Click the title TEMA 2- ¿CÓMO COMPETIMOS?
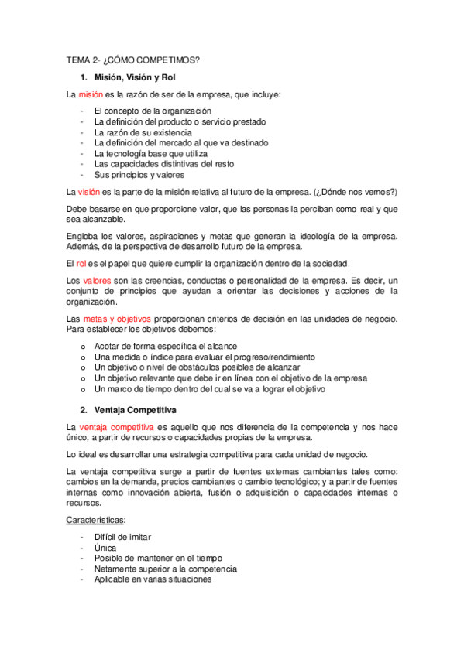coord(132,60)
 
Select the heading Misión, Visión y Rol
coord(143,77)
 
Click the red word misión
coord(91,94)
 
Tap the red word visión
coord(90,191)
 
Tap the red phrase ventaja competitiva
coord(115,426)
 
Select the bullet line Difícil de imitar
coord(122,537)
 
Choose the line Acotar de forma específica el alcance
coord(166,346)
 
